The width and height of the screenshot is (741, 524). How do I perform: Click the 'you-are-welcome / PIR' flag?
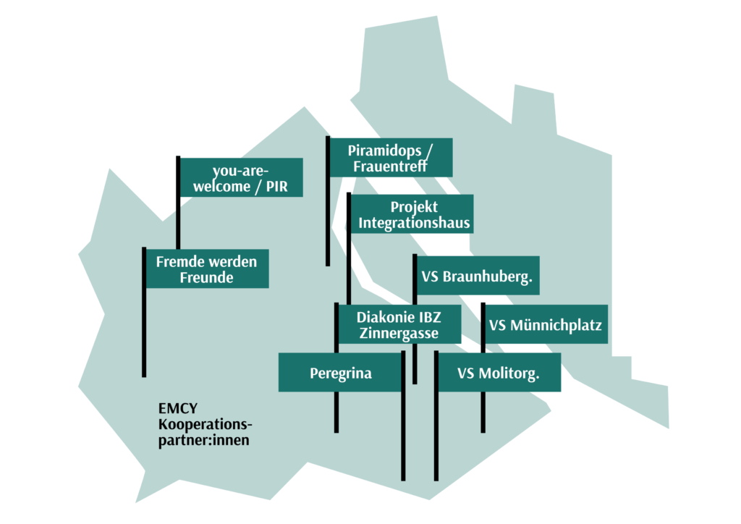pos(242,177)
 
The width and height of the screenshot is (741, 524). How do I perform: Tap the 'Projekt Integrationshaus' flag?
pos(412,214)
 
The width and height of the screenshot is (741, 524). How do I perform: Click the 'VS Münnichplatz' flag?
pos(546,324)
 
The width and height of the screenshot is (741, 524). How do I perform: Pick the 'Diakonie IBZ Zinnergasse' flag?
pos(399,324)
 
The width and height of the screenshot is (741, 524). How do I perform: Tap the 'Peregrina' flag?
pos(340,372)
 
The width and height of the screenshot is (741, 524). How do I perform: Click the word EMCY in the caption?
pos(178,408)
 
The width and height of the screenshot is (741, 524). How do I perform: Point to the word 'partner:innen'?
pos(203,440)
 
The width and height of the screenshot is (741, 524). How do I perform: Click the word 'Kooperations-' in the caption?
pos(205,424)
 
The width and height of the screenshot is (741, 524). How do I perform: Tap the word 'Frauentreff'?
pos(390,166)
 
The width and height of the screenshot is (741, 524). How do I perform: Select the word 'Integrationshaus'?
pos(414,222)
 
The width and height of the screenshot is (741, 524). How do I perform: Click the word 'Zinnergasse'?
pos(399,333)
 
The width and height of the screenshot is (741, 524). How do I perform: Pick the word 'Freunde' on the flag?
pos(206,277)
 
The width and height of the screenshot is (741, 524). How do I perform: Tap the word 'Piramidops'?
pos(385,151)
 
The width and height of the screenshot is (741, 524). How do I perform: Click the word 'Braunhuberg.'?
pos(488,276)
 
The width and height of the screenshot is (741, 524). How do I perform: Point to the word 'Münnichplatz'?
pos(556,325)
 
